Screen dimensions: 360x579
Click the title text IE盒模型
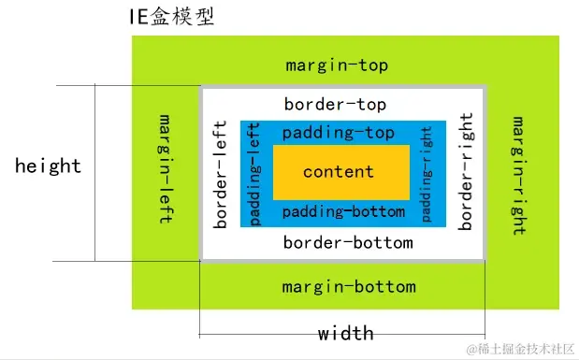point(172,16)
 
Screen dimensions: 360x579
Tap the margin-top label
point(337,65)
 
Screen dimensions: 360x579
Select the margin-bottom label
point(349,286)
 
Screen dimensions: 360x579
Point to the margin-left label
point(166,168)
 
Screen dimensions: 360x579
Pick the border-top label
point(335,105)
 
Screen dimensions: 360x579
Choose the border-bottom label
point(348,243)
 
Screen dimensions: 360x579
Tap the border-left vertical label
point(221,174)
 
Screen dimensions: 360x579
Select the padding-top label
point(338,133)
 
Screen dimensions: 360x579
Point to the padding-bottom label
point(343,211)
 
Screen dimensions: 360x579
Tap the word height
point(48,166)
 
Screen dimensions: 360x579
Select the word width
point(345,333)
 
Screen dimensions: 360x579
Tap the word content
point(339,172)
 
